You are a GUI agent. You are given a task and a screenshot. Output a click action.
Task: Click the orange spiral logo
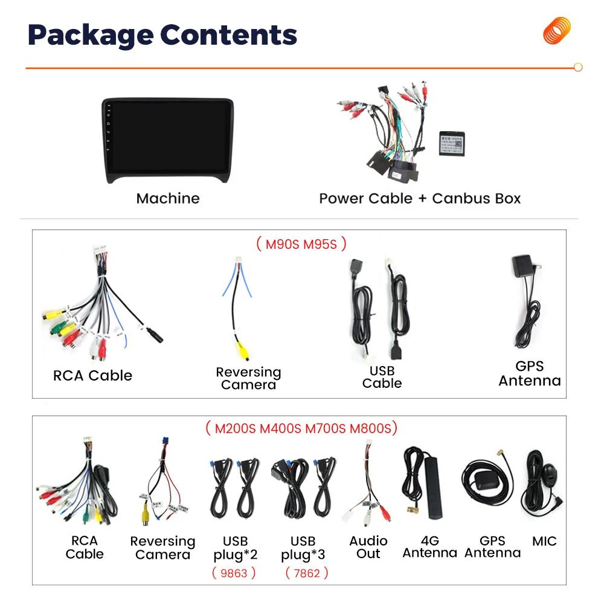pos(556,31)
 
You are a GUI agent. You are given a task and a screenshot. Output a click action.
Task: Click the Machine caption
pos(167,198)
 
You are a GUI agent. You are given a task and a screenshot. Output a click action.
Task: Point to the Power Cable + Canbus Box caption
pos(420,198)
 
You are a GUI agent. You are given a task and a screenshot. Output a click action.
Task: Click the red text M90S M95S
pos(301,244)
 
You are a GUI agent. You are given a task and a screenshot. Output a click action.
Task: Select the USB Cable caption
pos(382,377)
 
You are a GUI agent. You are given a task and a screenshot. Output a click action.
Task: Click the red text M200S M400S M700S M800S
pos(301,428)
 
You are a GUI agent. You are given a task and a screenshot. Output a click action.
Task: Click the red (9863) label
pos(234,573)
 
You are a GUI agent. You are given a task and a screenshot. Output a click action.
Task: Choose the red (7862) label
pos(306,573)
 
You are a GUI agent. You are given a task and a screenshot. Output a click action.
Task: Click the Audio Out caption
pos(368,547)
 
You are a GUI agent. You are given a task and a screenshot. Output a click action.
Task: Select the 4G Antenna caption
pos(429,547)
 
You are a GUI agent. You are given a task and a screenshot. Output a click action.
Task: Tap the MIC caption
pos(544,541)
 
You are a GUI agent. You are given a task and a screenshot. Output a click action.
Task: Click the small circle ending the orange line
pos(578,68)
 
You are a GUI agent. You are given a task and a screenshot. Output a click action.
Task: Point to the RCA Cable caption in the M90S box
pos(92,376)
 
